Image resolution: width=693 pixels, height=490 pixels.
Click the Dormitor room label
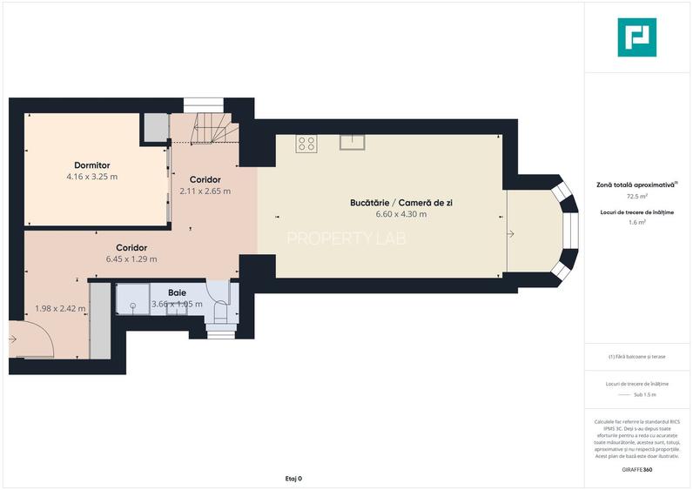pos(91,164)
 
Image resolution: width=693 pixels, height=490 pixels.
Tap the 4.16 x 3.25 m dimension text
pos(91,176)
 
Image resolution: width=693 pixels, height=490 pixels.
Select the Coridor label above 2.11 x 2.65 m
pos(205,179)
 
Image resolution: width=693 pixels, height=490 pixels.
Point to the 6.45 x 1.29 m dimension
pos(131,258)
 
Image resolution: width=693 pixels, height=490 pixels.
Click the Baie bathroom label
pos(177,293)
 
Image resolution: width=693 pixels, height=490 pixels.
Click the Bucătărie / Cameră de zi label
pos(401,202)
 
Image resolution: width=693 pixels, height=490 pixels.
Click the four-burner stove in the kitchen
pos(306,144)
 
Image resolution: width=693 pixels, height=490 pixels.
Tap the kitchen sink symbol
pos(352,142)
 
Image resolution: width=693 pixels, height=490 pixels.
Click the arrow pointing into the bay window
pos(510,233)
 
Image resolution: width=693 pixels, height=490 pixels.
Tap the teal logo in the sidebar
pos(637,37)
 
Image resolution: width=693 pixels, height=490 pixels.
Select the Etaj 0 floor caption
pos(294,479)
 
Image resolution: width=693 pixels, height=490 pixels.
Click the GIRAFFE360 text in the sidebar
pos(636,469)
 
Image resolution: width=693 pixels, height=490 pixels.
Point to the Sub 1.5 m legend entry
pos(644,394)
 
